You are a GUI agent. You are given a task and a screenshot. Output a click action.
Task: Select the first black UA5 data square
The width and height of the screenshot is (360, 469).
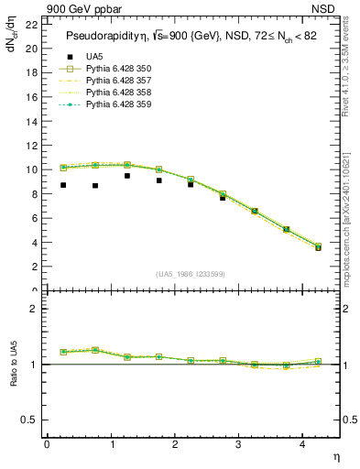pyautogui.click(x=63, y=185)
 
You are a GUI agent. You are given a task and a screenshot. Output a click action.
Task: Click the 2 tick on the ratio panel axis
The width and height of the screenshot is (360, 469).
pyautogui.click(x=34, y=309)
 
